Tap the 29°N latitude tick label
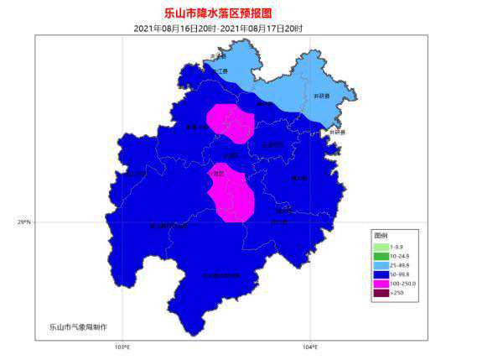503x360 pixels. (23, 222)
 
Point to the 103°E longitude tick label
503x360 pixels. (122, 347)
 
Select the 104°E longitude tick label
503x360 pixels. (310, 347)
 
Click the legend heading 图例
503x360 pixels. (381, 237)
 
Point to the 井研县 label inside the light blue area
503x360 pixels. (322, 97)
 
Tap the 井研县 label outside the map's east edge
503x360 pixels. (337, 133)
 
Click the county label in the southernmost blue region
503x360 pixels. (220, 275)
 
